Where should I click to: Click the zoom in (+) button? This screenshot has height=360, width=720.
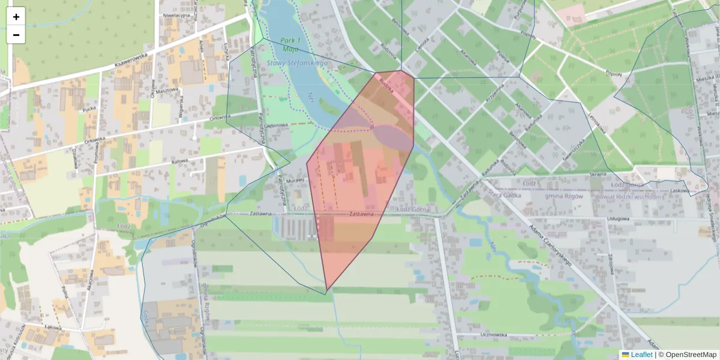click(16, 17)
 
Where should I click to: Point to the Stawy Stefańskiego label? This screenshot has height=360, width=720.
click(297, 62)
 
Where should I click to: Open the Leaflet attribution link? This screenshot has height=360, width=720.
click(641, 355)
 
